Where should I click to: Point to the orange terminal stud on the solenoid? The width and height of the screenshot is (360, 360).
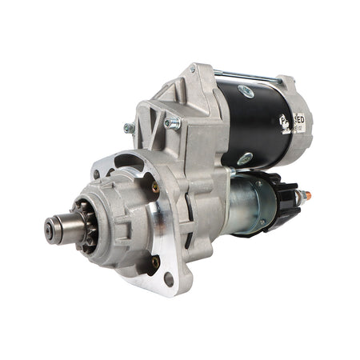click(x=308, y=195)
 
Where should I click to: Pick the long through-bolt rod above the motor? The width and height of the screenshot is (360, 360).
click(x=248, y=78)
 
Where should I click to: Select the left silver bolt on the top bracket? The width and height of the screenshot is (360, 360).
click(x=128, y=127)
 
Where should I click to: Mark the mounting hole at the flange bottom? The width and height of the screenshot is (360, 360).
click(x=168, y=278)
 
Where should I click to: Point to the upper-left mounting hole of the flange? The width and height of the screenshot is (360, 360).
click(x=98, y=174)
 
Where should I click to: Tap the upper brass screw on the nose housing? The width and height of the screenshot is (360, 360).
click(x=154, y=187)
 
